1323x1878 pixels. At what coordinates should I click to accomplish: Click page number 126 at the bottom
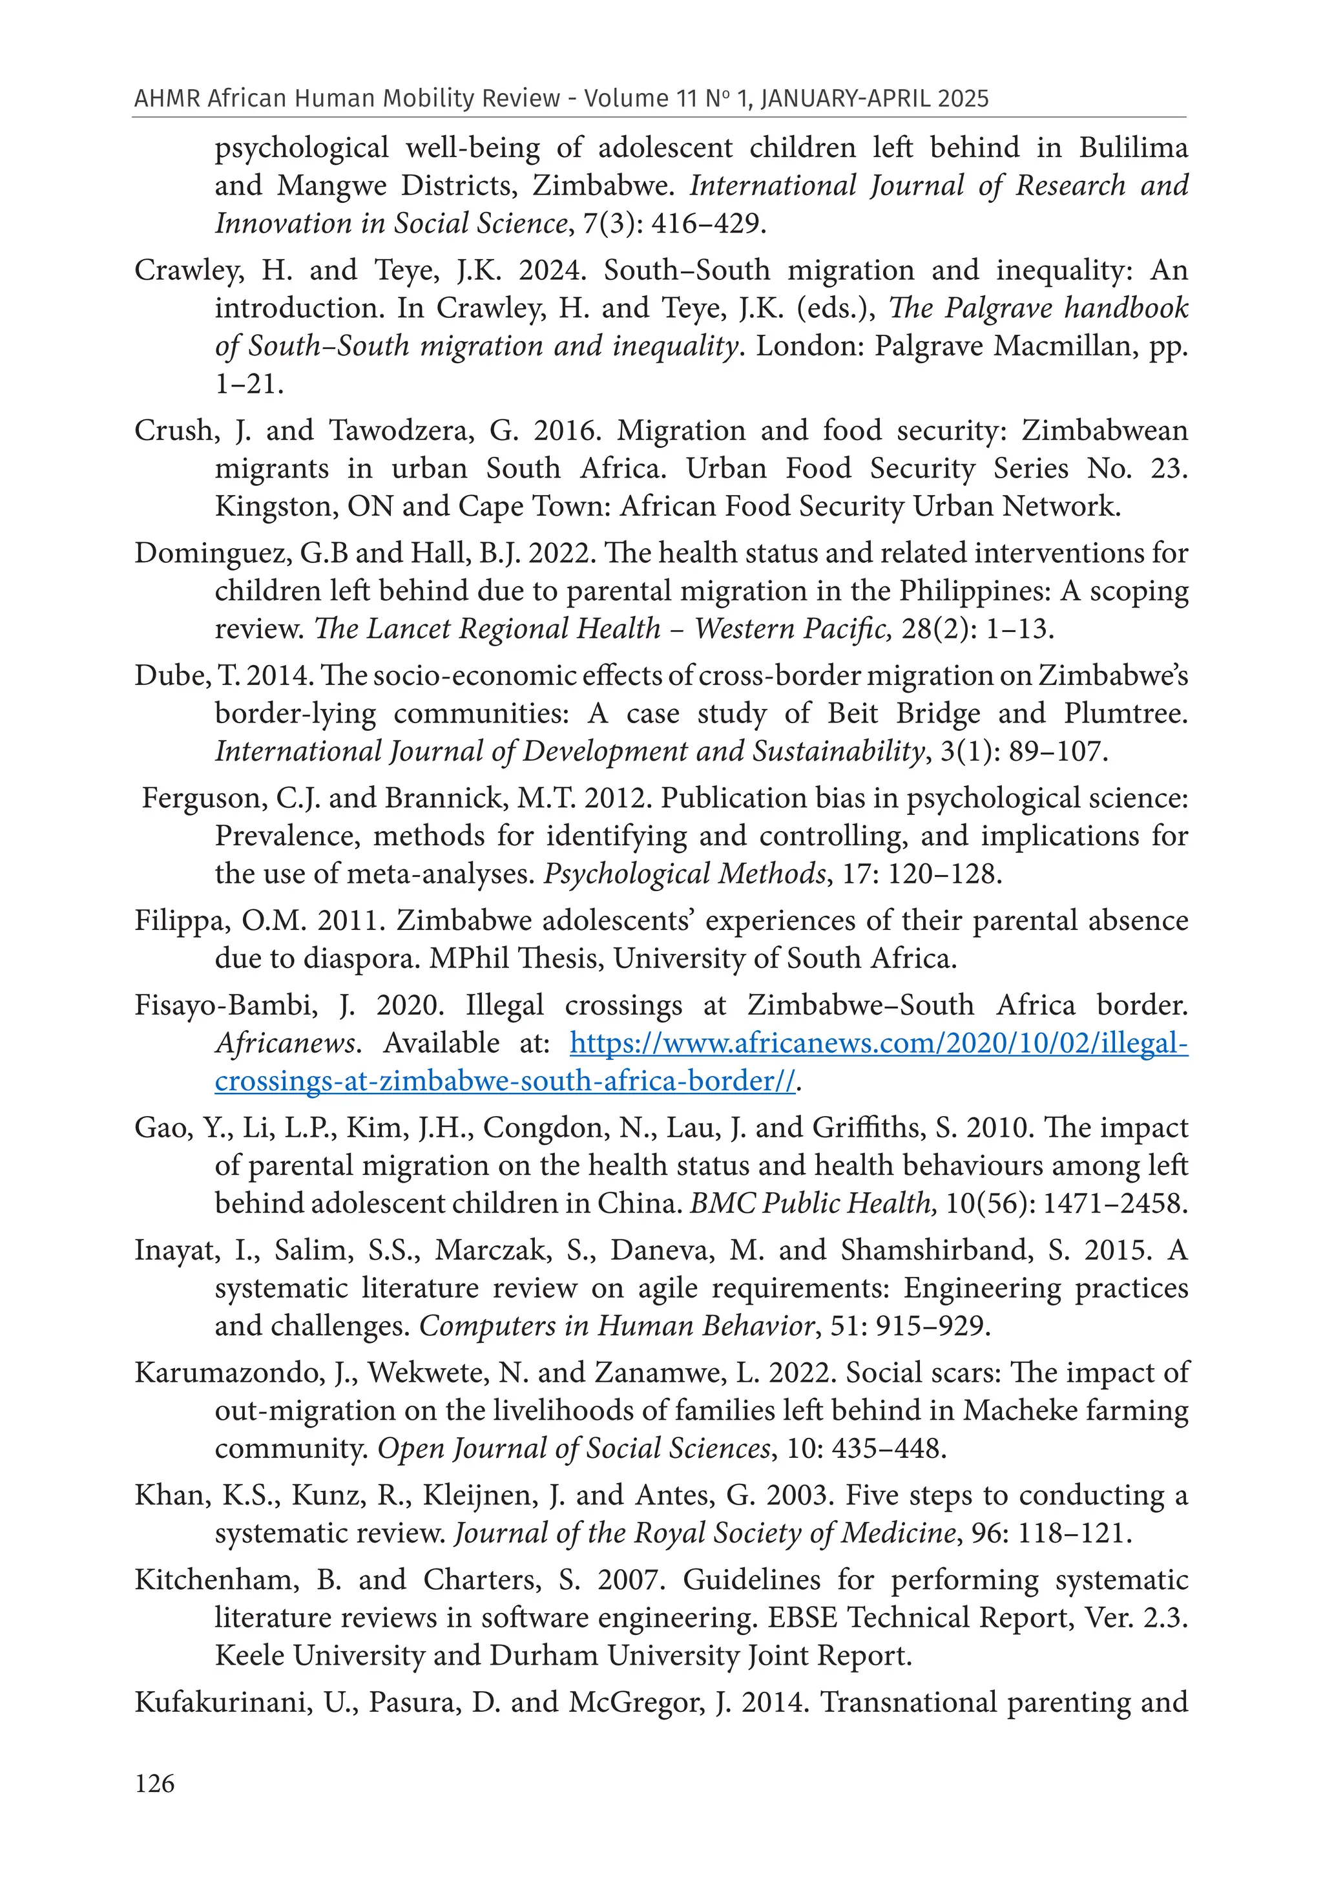coord(154,1783)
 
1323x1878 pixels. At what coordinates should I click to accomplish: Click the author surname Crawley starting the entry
coord(187,270)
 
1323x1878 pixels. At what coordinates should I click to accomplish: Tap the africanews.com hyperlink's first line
coord(878,1043)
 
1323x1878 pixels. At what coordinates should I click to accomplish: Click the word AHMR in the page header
coord(167,99)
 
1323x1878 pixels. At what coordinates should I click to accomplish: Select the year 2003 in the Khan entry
coord(799,1495)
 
